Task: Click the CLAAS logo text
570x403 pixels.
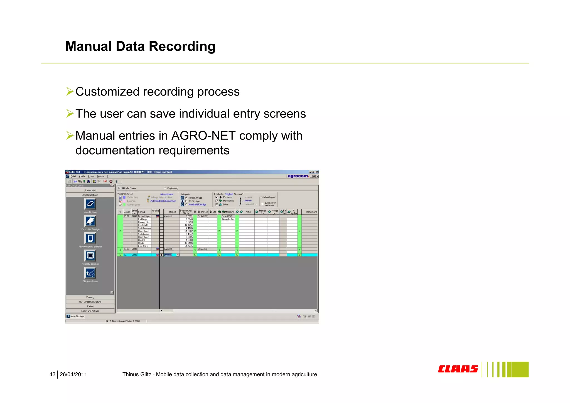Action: (x=458, y=369)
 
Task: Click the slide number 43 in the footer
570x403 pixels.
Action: (x=52, y=374)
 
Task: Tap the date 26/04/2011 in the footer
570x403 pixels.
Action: (x=73, y=374)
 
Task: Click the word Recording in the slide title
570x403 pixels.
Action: (x=182, y=47)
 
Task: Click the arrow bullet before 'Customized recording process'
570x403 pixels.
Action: (x=70, y=91)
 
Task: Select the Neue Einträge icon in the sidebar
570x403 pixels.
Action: (x=90, y=204)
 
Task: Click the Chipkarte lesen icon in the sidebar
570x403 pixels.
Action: (x=90, y=273)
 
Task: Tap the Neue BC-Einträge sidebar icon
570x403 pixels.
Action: (x=90, y=256)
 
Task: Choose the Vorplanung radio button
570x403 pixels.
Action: (x=165, y=188)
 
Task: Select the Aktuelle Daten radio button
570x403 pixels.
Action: (x=119, y=188)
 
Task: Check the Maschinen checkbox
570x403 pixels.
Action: (x=217, y=201)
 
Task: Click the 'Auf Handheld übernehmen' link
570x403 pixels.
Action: (x=163, y=201)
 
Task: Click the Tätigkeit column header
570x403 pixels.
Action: (x=171, y=212)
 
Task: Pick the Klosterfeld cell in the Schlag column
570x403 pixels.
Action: (x=143, y=225)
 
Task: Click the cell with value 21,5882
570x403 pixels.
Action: (x=188, y=231)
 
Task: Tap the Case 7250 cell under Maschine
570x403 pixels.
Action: (x=227, y=216)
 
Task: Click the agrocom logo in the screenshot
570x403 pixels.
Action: (x=298, y=176)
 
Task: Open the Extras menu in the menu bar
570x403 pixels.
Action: (x=91, y=176)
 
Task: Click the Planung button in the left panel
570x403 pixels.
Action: (x=90, y=297)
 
